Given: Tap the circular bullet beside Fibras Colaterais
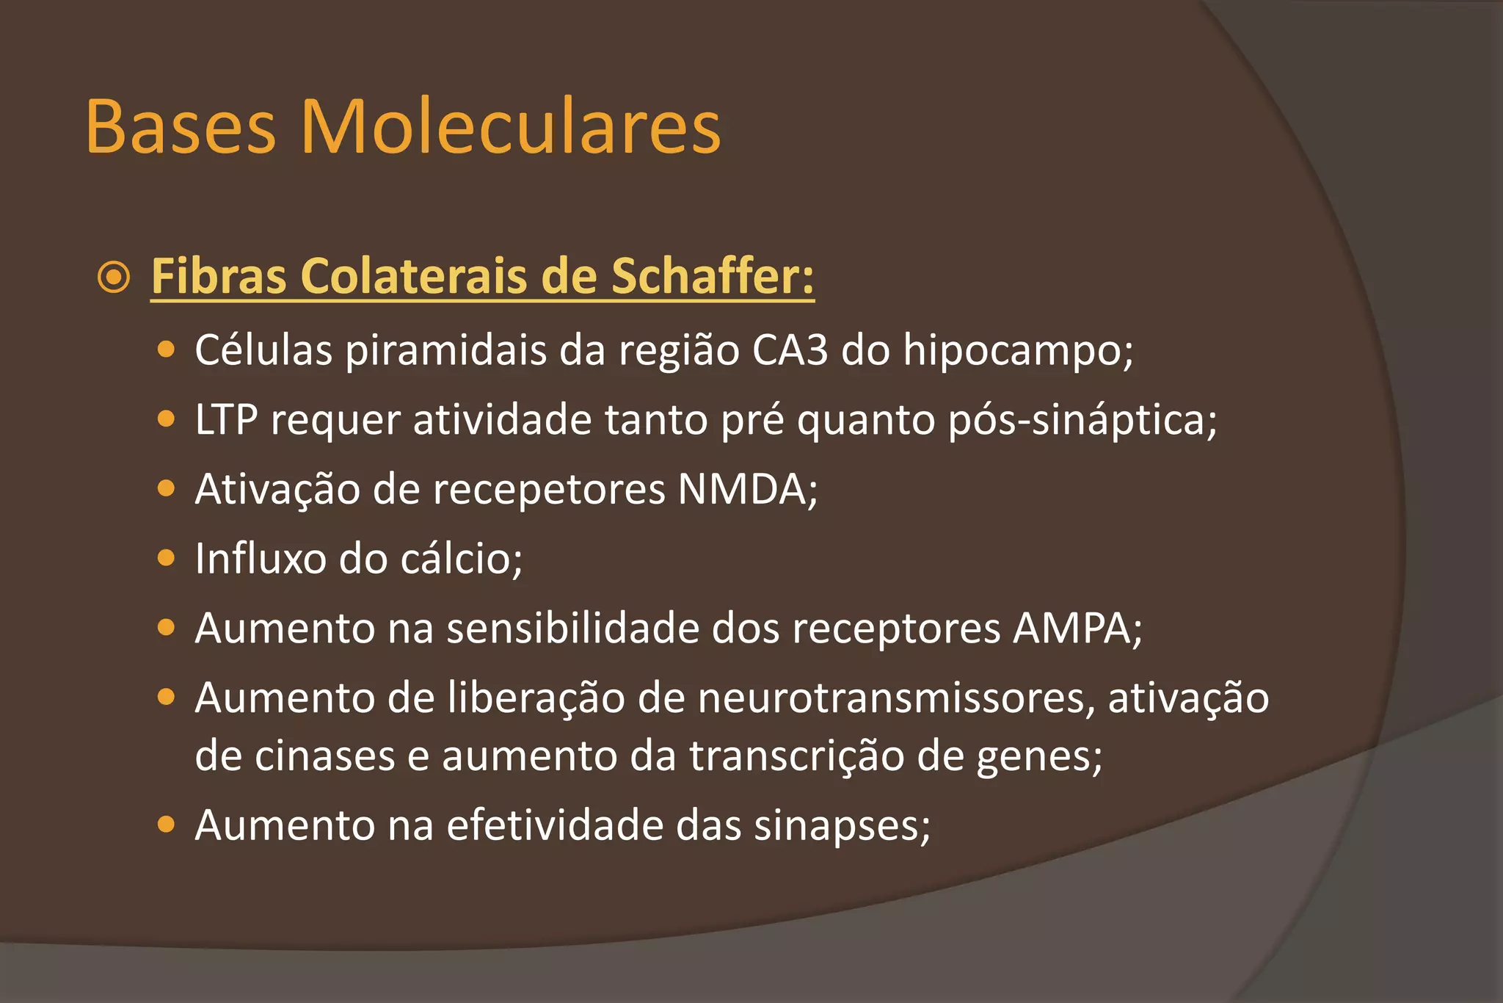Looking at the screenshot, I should [x=114, y=278].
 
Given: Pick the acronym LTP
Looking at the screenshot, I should [x=226, y=420].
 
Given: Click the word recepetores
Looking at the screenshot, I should [x=548, y=490].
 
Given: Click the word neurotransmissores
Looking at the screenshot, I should [x=891, y=698].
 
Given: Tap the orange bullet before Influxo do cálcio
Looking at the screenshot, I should [x=167, y=559].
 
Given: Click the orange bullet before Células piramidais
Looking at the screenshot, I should [x=167, y=350].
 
